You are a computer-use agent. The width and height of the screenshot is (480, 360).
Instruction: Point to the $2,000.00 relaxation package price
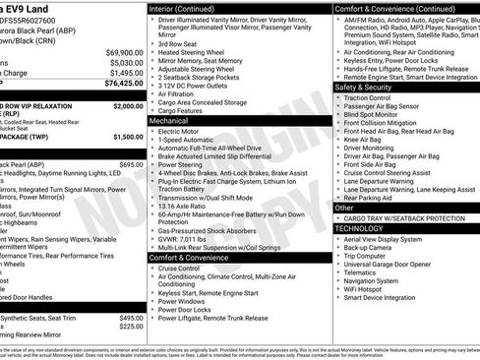(x=127, y=104)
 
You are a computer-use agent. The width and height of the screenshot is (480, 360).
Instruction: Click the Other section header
(x=344, y=208)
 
